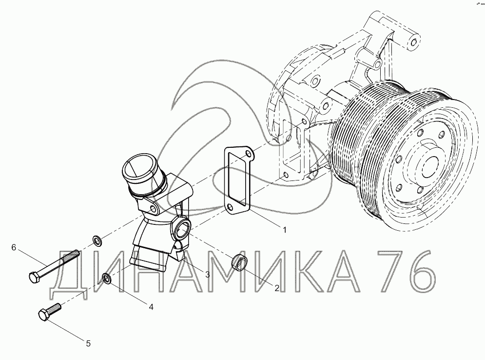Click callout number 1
point(285,230)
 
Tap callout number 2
point(277,288)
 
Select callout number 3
point(208,275)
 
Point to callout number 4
point(151,307)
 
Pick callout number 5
point(88,343)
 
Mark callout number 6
point(14,247)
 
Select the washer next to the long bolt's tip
point(97,240)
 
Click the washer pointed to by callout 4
point(106,278)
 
